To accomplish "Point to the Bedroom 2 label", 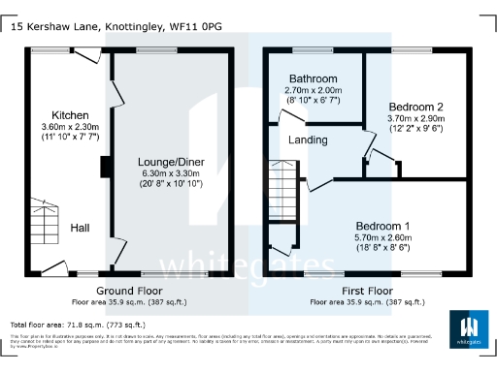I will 415,107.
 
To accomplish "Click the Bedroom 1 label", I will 381,225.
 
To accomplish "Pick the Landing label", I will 308,139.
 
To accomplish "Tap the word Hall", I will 81,229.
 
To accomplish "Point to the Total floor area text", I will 78,324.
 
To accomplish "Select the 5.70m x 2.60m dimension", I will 381,237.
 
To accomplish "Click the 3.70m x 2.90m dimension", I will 415,118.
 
